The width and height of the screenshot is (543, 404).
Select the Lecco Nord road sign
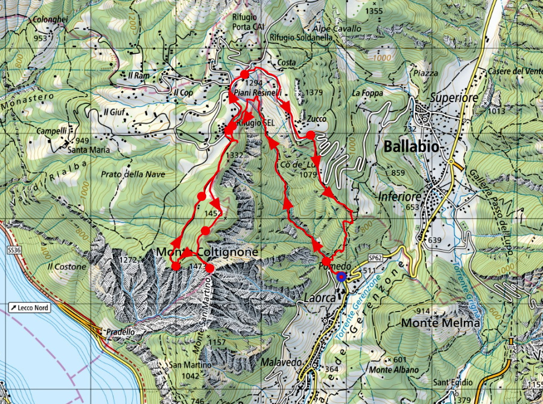29,308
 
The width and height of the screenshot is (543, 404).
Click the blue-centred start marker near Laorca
341,277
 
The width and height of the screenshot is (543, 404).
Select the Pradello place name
119,332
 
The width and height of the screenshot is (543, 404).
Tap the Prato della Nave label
133,174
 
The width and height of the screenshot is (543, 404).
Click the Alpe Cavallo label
337,28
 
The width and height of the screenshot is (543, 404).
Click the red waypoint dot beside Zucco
310,135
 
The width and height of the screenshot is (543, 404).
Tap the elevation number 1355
374,11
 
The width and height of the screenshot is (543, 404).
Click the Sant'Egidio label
453,382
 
